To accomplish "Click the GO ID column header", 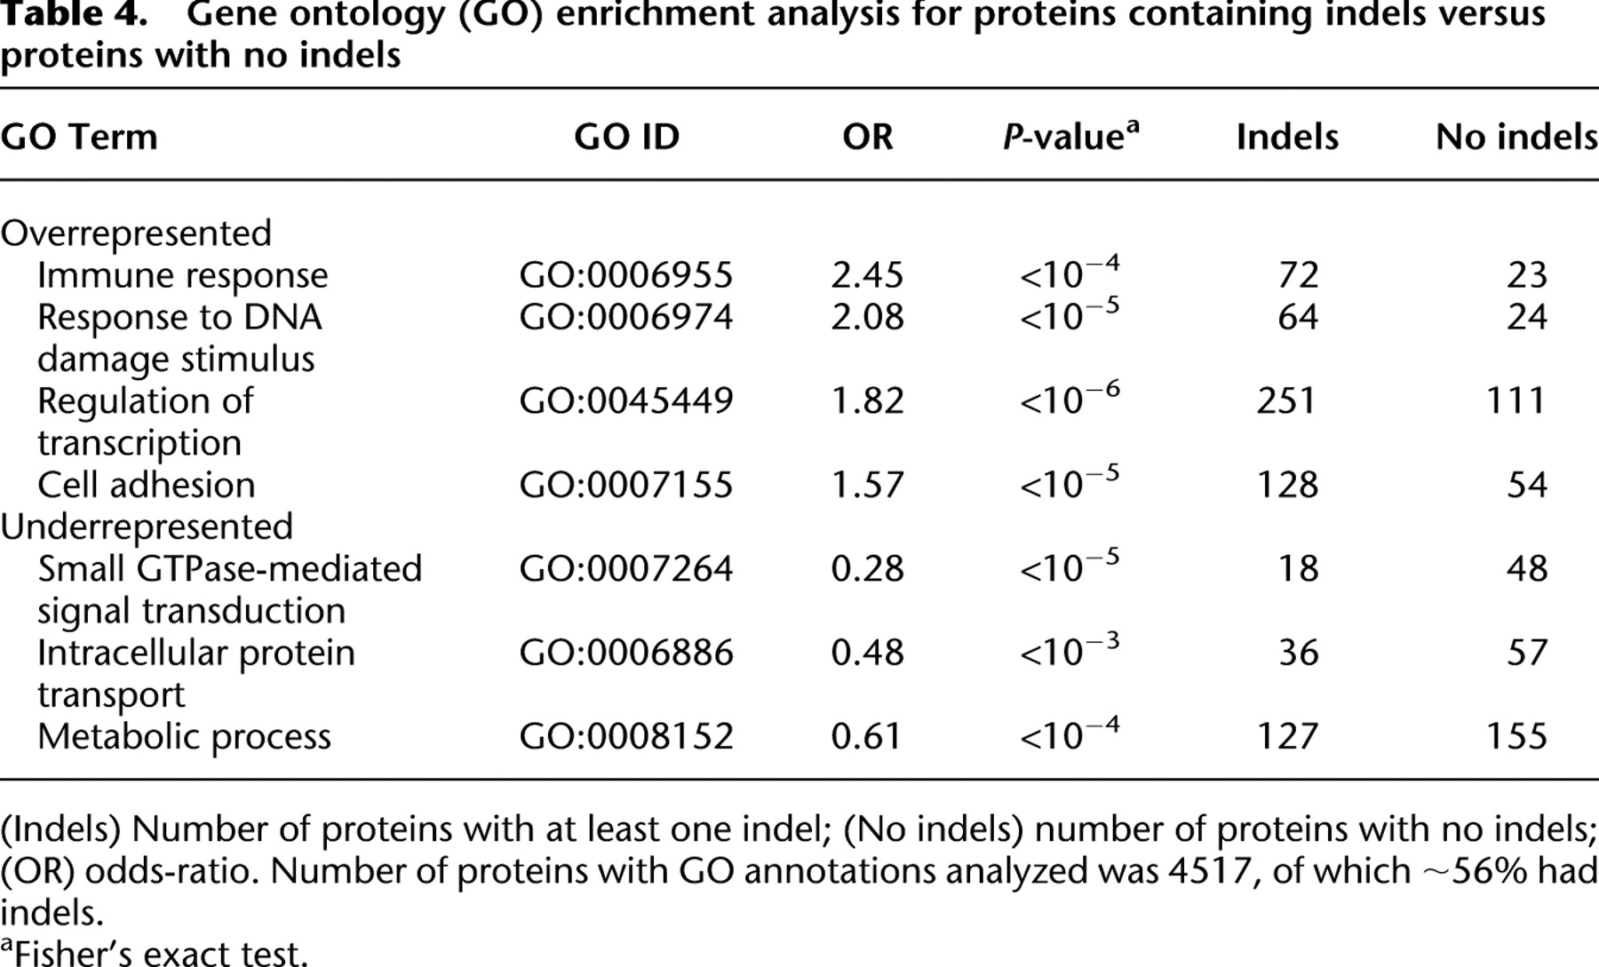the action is [x=626, y=137].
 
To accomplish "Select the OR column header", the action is [x=867, y=137].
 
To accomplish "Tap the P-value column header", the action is [x=1070, y=136].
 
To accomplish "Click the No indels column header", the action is [x=1516, y=137].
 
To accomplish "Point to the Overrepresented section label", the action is [x=136, y=234].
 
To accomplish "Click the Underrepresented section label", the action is [x=147, y=527].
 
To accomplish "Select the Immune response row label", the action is [x=182, y=276].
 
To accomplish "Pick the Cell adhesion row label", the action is [x=146, y=485].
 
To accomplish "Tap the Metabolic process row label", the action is [x=184, y=737].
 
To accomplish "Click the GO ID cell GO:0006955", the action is [x=626, y=275].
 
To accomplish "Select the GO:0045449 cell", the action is [x=626, y=401].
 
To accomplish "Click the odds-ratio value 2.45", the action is [x=867, y=275].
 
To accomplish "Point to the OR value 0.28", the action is [x=867, y=569].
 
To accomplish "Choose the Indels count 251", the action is [x=1286, y=401].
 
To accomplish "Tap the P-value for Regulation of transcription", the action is [x=1070, y=398].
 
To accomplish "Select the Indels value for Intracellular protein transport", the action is [x=1299, y=654].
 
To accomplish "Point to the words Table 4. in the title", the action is [x=67, y=15].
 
